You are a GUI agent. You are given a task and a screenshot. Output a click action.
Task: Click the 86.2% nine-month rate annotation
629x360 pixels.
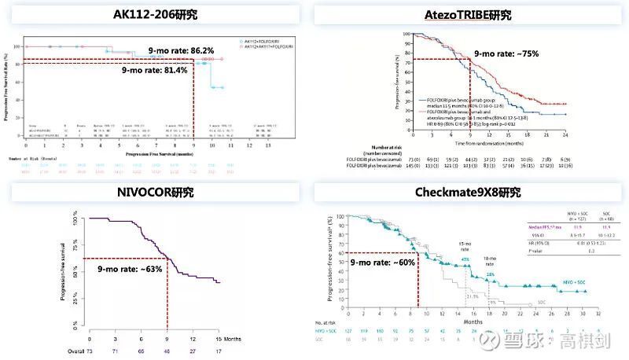pyautogui.click(x=182, y=51)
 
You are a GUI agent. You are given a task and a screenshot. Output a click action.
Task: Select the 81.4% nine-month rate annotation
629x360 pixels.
pyautogui.click(x=155, y=71)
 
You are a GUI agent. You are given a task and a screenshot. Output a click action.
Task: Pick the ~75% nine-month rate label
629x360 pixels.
pyautogui.click(x=506, y=53)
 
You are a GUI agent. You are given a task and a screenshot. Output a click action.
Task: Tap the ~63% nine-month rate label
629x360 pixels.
pyautogui.click(x=131, y=269)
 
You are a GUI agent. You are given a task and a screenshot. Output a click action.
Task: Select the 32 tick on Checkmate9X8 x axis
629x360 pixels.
pyautogui.click(x=598, y=312)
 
